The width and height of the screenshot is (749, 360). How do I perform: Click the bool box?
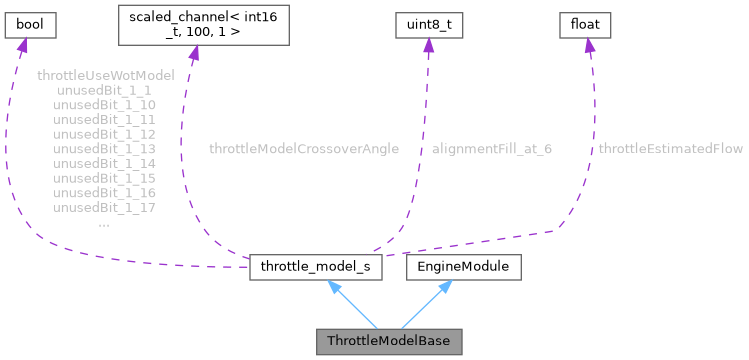coord(27,22)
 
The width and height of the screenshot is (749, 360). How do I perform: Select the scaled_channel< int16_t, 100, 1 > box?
coord(204,24)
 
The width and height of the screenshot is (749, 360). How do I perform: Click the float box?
coord(584,22)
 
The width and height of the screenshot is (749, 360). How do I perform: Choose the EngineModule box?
coord(463,267)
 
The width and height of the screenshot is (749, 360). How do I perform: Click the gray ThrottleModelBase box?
coord(389,341)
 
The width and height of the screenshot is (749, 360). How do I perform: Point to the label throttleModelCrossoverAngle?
coord(304,149)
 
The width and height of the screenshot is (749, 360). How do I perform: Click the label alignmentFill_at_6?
coord(492,149)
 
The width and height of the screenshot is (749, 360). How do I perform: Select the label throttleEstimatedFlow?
coord(670,149)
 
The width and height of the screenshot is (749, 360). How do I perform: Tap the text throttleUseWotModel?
coord(105,75)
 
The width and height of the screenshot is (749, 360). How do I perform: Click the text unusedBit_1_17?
coord(104,207)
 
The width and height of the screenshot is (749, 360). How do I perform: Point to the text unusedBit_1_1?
coord(104,90)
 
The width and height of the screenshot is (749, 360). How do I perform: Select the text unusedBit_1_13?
coord(104,148)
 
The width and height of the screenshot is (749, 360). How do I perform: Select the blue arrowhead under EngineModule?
coord(446,286)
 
